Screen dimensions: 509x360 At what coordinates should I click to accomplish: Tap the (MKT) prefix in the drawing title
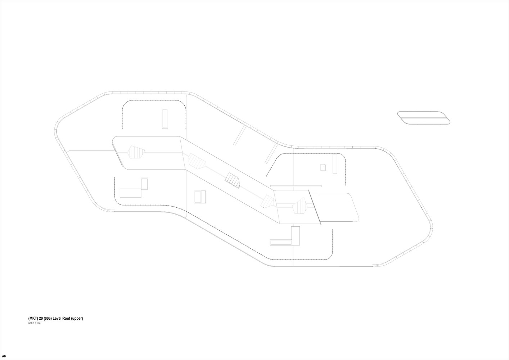point(33,318)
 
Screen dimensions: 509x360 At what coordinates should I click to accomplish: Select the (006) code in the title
point(48,318)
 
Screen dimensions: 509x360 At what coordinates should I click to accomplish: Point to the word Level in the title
point(57,318)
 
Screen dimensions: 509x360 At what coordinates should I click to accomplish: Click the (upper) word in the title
point(77,319)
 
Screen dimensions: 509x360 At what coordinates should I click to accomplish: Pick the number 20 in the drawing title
point(41,318)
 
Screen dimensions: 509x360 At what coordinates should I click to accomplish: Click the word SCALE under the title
point(31,323)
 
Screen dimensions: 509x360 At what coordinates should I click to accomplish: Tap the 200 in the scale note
point(39,323)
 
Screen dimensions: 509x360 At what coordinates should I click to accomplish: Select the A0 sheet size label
point(4,356)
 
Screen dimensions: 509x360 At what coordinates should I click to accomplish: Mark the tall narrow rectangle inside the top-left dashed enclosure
point(165,119)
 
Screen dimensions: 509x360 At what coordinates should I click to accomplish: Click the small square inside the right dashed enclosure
point(323,167)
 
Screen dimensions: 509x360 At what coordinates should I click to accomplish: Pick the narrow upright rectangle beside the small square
point(335,164)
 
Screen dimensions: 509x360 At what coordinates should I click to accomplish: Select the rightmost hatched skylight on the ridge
point(300,206)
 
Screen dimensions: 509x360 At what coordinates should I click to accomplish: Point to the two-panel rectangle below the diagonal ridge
point(200,197)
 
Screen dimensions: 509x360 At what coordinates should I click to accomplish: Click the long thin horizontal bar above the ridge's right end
point(296,186)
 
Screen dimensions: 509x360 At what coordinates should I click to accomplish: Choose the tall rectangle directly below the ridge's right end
point(296,236)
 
